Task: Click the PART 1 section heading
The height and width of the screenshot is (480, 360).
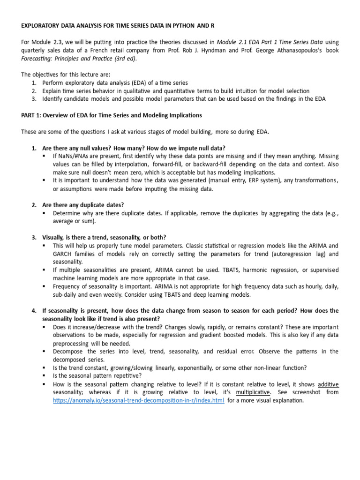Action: click(x=112, y=115)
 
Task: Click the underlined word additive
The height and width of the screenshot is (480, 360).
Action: click(x=328, y=384)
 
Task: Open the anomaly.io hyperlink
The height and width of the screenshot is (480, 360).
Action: click(x=138, y=401)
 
